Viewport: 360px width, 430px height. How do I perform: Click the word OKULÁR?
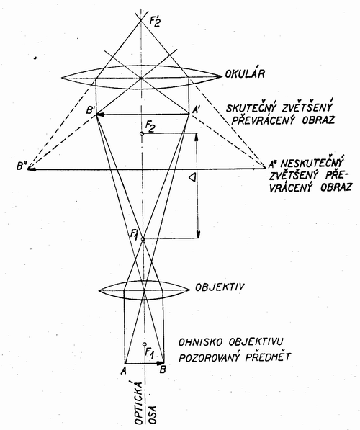click(x=245, y=73)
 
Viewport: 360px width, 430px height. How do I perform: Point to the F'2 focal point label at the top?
click(x=155, y=22)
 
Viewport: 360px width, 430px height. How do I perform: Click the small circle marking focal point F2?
click(x=142, y=134)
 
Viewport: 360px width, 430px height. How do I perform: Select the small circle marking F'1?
click(x=143, y=239)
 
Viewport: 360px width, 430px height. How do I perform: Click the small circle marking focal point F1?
click(x=145, y=344)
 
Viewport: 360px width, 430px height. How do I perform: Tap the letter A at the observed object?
click(x=123, y=370)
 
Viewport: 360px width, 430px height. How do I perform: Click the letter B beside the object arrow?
click(x=163, y=370)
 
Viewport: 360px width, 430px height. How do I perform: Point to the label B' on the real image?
click(x=90, y=110)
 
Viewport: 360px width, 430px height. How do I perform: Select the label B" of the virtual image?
click(x=21, y=166)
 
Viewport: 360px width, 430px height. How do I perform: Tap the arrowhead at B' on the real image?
click(x=100, y=115)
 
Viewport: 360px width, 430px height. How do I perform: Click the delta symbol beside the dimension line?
click(x=192, y=178)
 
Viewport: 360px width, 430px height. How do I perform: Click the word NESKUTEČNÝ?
click(x=312, y=163)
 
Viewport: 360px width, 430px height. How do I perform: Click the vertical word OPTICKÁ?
click(x=139, y=403)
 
